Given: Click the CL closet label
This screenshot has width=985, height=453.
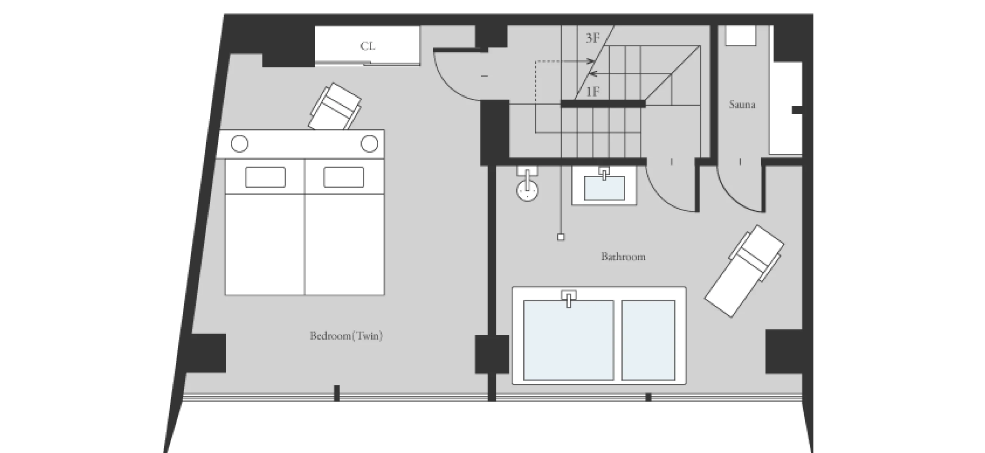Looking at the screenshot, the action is tap(367, 46).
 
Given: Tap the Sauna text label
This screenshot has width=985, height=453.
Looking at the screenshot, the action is tap(742, 104).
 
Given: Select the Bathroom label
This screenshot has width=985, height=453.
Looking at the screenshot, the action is tap(623, 256).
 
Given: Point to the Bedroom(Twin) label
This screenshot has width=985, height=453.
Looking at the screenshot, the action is tap(346, 336).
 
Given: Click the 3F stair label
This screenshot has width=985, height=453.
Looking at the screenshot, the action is tap(593, 38).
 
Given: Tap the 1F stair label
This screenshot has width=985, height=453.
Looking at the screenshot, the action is tap(593, 92).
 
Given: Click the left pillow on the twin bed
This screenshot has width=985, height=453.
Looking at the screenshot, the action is tap(265, 177).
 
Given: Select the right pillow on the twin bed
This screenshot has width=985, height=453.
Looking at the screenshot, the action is tap(344, 177).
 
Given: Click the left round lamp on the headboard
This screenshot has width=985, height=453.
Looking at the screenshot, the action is tap(239, 144).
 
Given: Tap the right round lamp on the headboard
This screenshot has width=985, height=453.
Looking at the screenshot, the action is tap(369, 143).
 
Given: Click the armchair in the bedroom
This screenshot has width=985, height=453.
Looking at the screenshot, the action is tap(335, 107).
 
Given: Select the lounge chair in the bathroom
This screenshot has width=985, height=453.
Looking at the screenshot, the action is tap(744, 271).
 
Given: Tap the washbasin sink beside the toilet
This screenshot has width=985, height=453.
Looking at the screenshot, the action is tap(604, 188).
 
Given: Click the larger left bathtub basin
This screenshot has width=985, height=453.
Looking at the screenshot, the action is tap(568, 340).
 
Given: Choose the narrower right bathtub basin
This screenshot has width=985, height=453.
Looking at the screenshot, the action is tap(648, 340).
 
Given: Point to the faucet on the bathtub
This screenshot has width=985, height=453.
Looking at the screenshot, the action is tap(569, 298).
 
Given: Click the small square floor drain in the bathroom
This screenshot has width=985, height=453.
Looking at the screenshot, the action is tap(561, 237).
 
